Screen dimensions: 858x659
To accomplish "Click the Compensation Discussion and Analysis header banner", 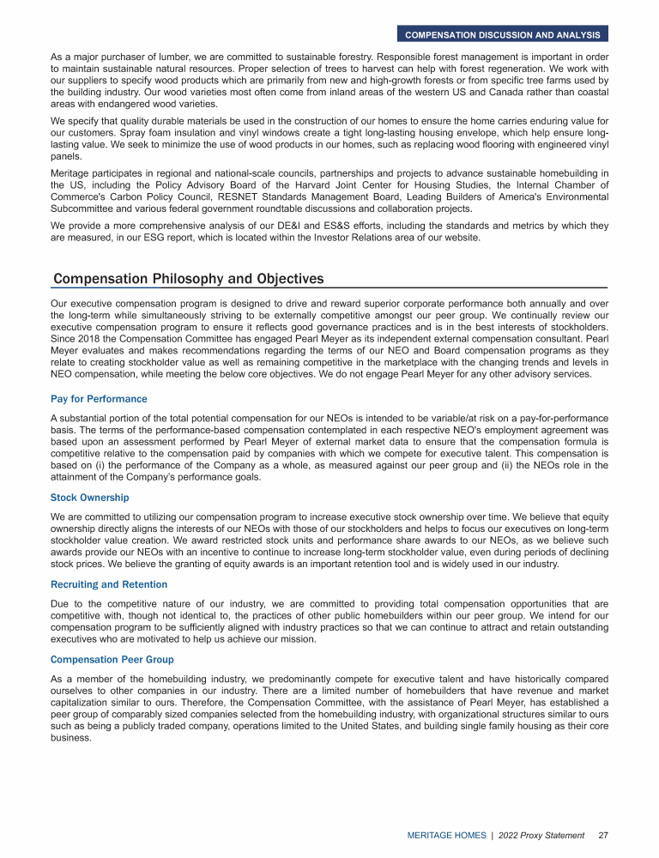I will [x=503, y=35].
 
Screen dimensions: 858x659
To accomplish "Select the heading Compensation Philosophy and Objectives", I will [x=189, y=279].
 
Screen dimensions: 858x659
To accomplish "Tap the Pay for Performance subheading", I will [x=99, y=399].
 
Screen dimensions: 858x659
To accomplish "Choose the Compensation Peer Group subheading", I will [x=112, y=660].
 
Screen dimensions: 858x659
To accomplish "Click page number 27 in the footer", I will [x=603, y=835].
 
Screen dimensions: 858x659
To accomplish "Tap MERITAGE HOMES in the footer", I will [x=445, y=835].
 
